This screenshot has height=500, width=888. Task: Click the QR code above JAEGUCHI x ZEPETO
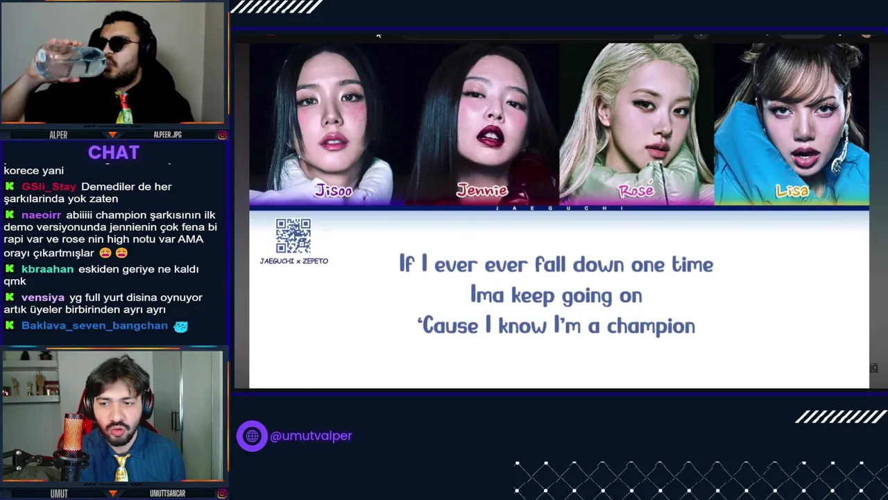tap(293, 235)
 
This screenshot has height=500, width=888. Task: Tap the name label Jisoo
tap(334, 191)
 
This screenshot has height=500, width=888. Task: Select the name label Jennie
tap(482, 190)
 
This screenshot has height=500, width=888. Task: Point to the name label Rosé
tap(636, 190)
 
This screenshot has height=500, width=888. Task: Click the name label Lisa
tap(792, 191)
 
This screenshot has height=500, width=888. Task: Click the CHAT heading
tap(114, 152)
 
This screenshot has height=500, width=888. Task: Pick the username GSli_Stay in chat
tap(49, 187)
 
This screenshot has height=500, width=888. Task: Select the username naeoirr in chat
tap(41, 215)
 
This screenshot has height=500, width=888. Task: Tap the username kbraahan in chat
tap(48, 269)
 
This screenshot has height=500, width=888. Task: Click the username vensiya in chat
tap(43, 297)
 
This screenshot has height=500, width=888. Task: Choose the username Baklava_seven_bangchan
tap(95, 326)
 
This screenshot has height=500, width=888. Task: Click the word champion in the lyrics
tap(651, 327)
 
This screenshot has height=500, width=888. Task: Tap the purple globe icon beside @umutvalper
tap(252, 435)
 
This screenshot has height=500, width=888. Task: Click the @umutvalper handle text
tap(311, 435)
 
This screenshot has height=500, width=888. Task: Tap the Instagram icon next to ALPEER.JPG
tap(223, 135)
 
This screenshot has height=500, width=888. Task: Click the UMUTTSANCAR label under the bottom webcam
tap(167, 493)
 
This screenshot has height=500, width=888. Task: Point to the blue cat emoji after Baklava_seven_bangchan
tap(181, 326)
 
